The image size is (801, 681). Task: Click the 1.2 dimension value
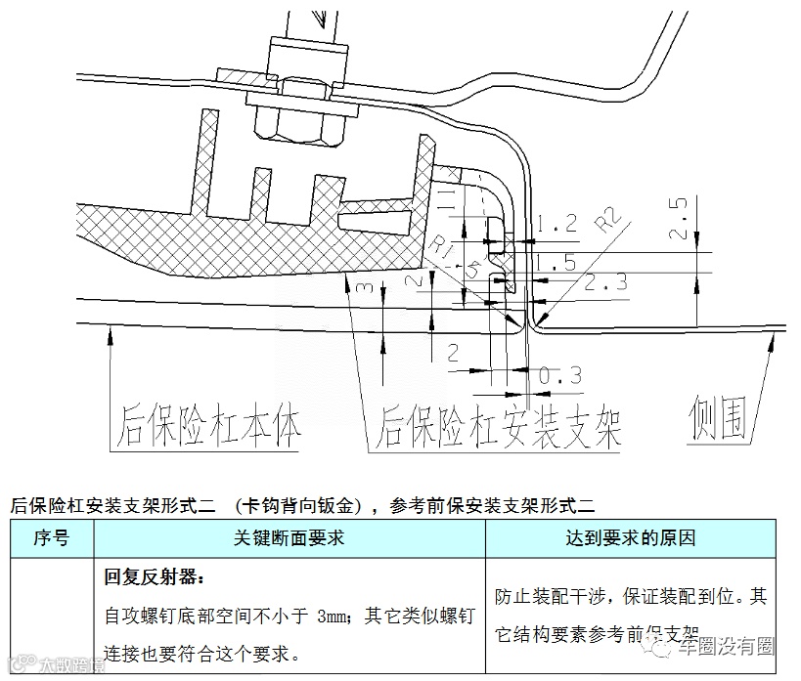(x=557, y=223)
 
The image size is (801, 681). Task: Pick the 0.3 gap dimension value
(x=560, y=373)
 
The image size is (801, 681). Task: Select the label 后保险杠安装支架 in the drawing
(x=499, y=426)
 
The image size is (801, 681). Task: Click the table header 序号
(x=51, y=537)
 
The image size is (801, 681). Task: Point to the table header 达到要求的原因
(x=630, y=537)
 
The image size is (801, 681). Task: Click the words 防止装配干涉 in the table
(x=549, y=595)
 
